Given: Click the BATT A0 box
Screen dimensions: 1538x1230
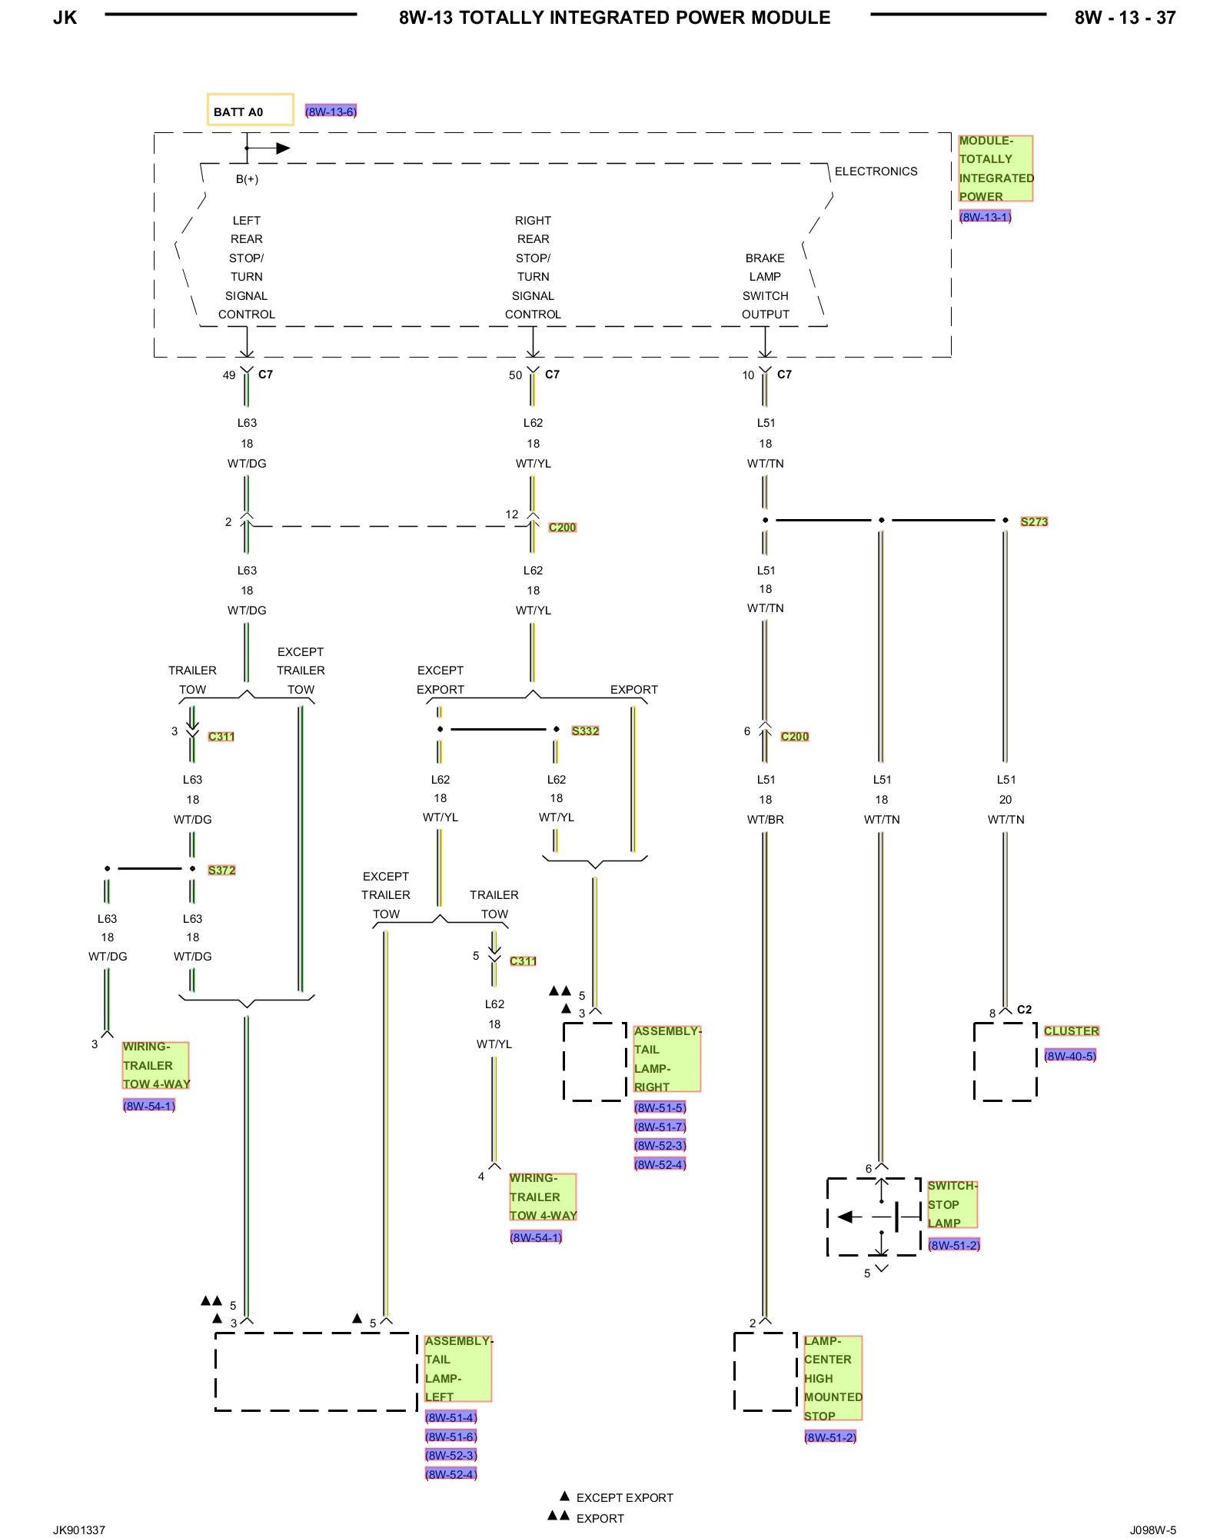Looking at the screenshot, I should pos(250,110).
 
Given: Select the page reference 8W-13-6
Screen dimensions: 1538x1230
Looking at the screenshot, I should pos(331,112).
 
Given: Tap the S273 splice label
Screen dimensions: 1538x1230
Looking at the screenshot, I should pos(1034,521).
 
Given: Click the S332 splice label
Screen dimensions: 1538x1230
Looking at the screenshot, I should pos(585,731).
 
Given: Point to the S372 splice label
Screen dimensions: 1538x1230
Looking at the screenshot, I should pos(221,870).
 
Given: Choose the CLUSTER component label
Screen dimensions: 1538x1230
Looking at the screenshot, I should pos(1071,1030).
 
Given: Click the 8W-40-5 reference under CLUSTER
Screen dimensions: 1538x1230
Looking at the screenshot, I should pos(1069,1056).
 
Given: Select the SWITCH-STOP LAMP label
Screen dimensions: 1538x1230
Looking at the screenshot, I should pos(952,1204).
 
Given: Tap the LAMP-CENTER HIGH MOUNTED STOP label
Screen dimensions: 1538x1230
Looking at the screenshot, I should pos(833,1378).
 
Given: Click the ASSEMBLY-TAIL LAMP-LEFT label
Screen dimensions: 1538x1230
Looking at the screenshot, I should pos(457,1369).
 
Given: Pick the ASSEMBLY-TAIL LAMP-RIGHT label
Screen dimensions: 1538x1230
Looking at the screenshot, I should pos(667,1059).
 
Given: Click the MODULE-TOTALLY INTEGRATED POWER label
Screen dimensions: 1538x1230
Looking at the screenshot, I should pos(996,168).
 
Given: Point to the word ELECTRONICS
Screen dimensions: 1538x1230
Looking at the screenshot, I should pos(876,171).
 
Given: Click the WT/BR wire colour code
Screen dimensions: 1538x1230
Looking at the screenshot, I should pos(765,820).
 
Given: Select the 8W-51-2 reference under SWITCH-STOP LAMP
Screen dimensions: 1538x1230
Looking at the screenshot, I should pos(953,1245).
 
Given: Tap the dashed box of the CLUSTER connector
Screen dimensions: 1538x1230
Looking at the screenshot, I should pos(1005,1061).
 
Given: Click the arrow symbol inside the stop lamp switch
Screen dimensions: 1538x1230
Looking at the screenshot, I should pos(846,1217).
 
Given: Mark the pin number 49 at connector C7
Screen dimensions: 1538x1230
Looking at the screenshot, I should pos(229,375).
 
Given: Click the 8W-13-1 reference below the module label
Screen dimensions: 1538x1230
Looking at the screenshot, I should pos(985,217).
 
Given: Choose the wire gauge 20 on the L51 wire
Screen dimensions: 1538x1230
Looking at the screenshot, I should pos(1006,800).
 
